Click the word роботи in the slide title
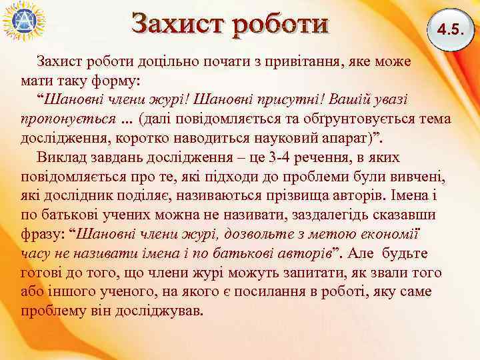[x=280, y=23]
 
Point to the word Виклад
[x=62, y=158]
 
